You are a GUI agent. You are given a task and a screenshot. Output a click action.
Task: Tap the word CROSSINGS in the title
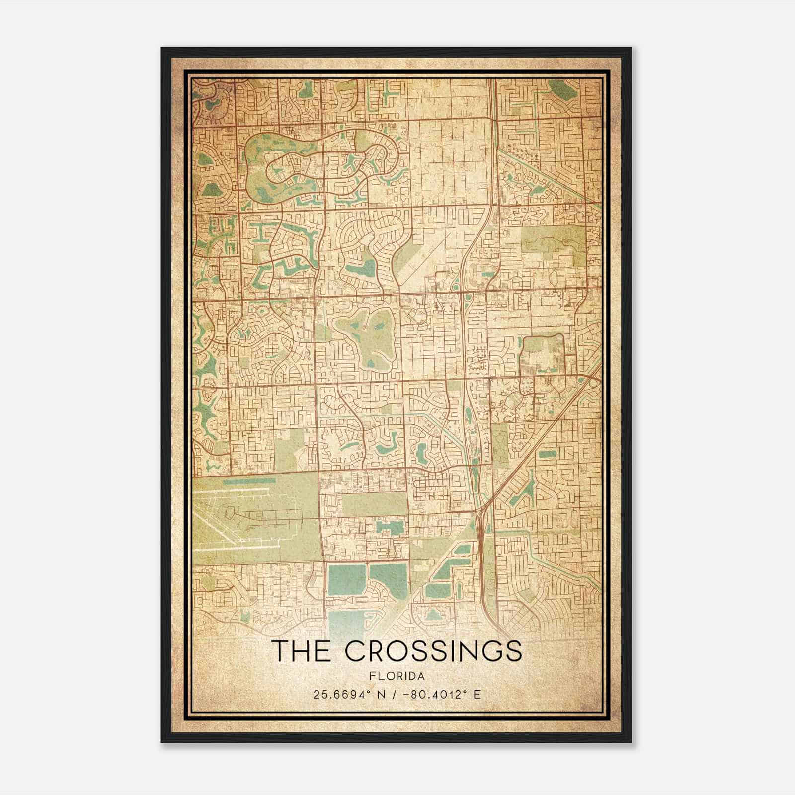(433, 651)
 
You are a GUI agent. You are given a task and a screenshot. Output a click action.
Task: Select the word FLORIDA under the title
(397, 676)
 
